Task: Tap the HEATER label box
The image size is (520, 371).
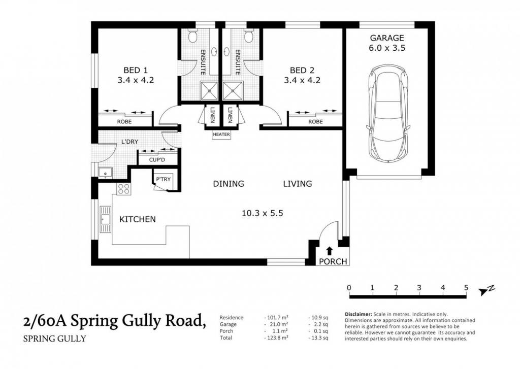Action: click(221, 134)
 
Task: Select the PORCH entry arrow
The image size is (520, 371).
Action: click(329, 250)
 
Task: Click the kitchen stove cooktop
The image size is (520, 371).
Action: click(123, 188)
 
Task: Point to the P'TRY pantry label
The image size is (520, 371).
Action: click(163, 179)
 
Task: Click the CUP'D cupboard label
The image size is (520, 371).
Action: click(157, 160)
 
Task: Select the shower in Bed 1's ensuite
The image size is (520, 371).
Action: click(209, 90)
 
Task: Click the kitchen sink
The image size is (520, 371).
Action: click(106, 219)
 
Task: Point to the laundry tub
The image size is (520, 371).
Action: click(106, 173)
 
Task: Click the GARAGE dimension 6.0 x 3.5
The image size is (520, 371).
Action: click(387, 48)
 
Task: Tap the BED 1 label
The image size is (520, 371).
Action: click(135, 70)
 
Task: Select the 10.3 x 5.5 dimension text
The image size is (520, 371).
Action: click(263, 213)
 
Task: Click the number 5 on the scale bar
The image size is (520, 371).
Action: click(466, 287)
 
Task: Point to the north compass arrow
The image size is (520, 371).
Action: click(486, 290)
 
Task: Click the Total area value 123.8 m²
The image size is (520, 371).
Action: click(276, 338)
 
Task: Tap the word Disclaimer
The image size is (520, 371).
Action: click(359, 314)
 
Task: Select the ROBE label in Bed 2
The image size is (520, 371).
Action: click(315, 122)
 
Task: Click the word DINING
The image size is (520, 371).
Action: click(229, 183)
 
